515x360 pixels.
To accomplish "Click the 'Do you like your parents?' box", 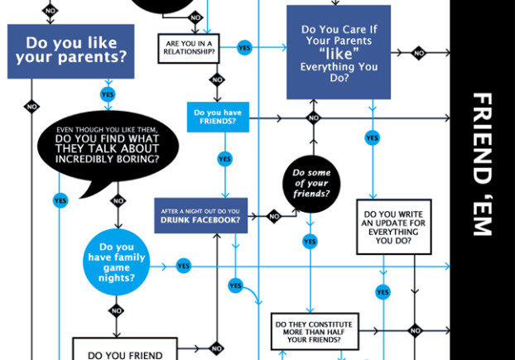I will [x=70, y=51].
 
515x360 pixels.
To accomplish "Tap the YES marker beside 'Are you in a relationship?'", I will [x=244, y=48].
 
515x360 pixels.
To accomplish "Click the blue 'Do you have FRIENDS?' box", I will [x=217, y=118].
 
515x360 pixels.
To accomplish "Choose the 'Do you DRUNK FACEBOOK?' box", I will [x=200, y=215].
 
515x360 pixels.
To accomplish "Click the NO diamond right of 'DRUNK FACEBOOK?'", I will [x=274, y=217].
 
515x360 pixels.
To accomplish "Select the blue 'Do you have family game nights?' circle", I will [x=117, y=262].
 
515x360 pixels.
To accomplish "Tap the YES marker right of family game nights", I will [x=184, y=266].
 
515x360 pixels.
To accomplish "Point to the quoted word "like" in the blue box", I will [x=339, y=54].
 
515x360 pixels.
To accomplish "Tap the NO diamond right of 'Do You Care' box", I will [x=419, y=54].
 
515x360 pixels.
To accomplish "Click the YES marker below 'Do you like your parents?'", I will [x=107, y=95].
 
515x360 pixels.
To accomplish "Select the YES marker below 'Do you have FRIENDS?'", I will [x=224, y=158].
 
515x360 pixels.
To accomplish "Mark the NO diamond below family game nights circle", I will [x=116, y=311].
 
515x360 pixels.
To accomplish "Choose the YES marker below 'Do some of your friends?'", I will [x=310, y=242].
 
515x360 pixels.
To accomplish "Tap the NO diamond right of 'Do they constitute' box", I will [x=415, y=331].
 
